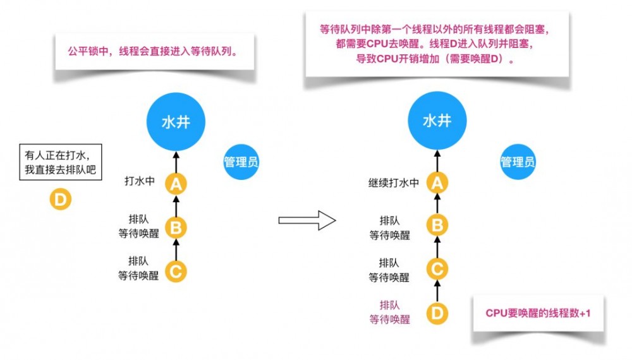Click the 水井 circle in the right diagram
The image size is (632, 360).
(437, 121)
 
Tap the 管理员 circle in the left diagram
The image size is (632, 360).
(241, 162)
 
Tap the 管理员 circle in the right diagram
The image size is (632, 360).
(518, 162)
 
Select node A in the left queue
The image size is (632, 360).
(176, 184)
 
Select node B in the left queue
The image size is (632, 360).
(176, 227)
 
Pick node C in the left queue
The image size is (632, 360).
(176, 271)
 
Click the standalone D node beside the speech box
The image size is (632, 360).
(61, 200)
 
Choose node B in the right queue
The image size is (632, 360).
(437, 225)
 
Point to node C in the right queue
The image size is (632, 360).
(437, 269)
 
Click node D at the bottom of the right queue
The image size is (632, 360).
(437, 313)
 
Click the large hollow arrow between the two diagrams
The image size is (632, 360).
(307, 220)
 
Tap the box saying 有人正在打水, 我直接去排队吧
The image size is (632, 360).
(61, 162)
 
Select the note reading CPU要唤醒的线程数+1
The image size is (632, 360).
(538, 313)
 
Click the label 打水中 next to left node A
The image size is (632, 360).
(140, 182)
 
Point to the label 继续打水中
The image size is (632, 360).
(394, 183)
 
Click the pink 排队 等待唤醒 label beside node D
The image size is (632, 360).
(390, 312)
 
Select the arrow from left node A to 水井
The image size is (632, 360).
(176, 162)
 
